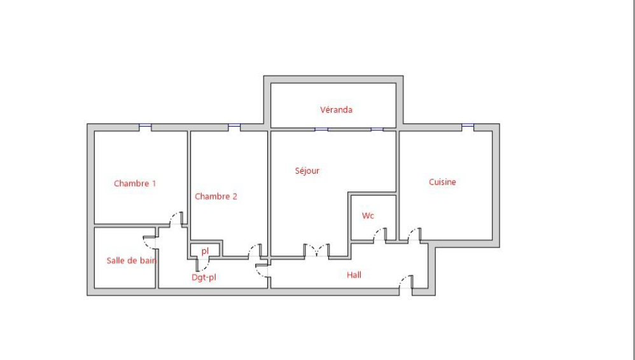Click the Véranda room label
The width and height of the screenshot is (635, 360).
[336, 110]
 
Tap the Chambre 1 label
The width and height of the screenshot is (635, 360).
[135, 183]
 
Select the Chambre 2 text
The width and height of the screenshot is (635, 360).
[216, 197]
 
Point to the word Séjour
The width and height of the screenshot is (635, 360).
[307, 171]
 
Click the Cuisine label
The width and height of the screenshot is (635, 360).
[442, 183]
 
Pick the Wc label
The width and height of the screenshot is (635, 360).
[368, 216]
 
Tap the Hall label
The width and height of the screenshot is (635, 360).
[354, 275]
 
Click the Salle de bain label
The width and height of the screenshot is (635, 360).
[132, 260]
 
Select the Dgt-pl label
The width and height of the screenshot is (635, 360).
[204, 278]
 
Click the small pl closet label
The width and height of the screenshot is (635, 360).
[205, 251]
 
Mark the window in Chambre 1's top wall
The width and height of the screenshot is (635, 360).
[145, 127]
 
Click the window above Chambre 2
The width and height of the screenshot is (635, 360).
[234, 127]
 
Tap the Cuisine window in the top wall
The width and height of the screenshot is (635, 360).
[468, 127]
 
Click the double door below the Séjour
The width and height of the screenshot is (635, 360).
[317, 250]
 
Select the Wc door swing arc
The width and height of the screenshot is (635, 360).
[379, 235]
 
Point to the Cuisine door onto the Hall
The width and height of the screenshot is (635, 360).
[414, 235]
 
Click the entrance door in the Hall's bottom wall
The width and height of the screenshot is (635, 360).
[406, 282]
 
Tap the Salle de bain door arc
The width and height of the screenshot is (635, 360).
[150, 242]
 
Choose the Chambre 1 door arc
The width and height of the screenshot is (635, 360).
[176, 219]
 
